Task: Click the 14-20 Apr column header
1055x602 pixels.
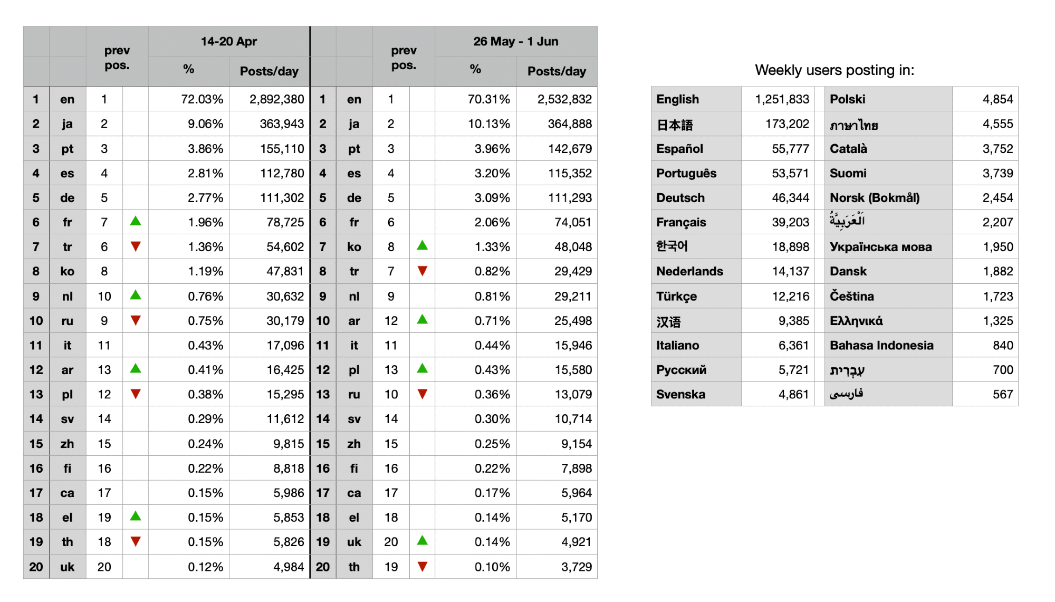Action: [x=228, y=42]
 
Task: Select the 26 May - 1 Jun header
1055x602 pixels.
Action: [x=515, y=42]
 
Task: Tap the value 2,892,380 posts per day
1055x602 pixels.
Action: [x=276, y=99]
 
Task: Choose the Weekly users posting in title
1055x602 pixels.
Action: [x=835, y=70]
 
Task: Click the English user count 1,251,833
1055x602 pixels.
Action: [x=782, y=99]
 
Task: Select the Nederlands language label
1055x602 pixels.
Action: [x=689, y=271]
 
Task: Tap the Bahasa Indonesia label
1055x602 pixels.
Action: [x=881, y=346]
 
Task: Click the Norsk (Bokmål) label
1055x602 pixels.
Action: [x=875, y=198]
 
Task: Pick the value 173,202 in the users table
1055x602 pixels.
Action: [x=787, y=124]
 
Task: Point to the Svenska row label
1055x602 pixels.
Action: [x=680, y=395]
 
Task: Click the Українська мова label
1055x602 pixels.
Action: [x=880, y=247]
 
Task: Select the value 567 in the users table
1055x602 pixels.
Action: [x=1002, y=395]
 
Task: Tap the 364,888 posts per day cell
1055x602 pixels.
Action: [x=570, y=124]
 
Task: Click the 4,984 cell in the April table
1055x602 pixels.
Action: [x=289, y=567]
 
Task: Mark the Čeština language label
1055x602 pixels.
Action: [x=851, y=297]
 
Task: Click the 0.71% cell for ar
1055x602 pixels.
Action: [x=492, y=321]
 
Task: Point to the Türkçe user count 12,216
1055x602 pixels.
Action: [x=790, y=297]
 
